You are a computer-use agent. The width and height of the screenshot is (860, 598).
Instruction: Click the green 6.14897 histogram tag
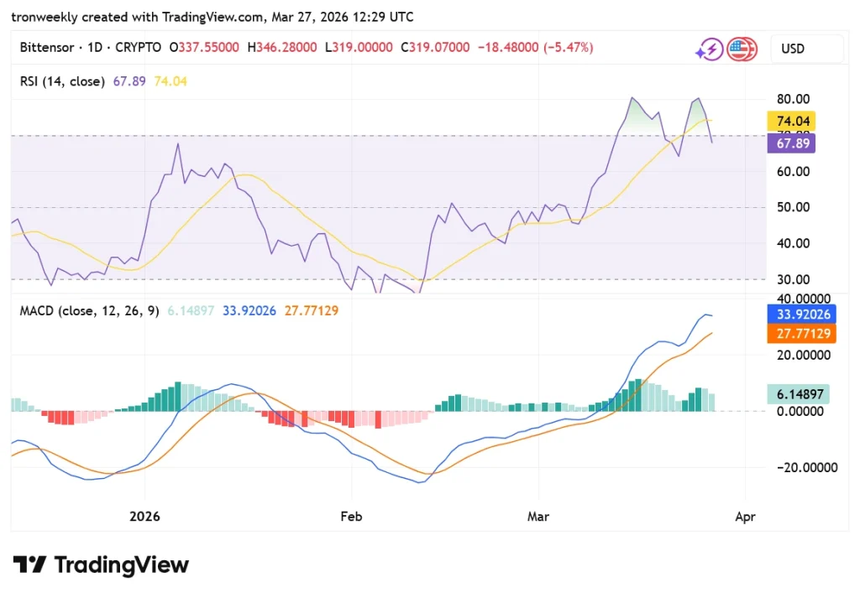pos(797,393)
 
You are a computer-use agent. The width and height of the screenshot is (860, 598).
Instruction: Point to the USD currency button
pos(793,49)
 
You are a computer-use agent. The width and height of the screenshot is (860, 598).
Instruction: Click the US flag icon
pos(741,49)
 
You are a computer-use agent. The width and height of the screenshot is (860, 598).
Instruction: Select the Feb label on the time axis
pos(351,517)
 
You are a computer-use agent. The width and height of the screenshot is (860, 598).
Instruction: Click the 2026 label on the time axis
pos(144,517)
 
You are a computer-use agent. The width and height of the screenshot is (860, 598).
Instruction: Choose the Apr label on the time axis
pos(745,517)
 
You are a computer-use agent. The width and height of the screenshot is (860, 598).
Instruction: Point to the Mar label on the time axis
pos(538,517)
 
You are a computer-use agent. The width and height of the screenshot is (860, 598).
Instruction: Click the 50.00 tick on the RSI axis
pos(793,207)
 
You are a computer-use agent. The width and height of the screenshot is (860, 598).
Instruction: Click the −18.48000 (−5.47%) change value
pos(535,48)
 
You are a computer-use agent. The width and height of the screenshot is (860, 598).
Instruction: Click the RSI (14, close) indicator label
pos(62,81)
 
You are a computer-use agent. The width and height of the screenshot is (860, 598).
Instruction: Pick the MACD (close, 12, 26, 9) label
pos(88,311)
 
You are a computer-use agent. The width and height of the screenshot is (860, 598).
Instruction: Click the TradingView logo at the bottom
pos(101,564)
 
